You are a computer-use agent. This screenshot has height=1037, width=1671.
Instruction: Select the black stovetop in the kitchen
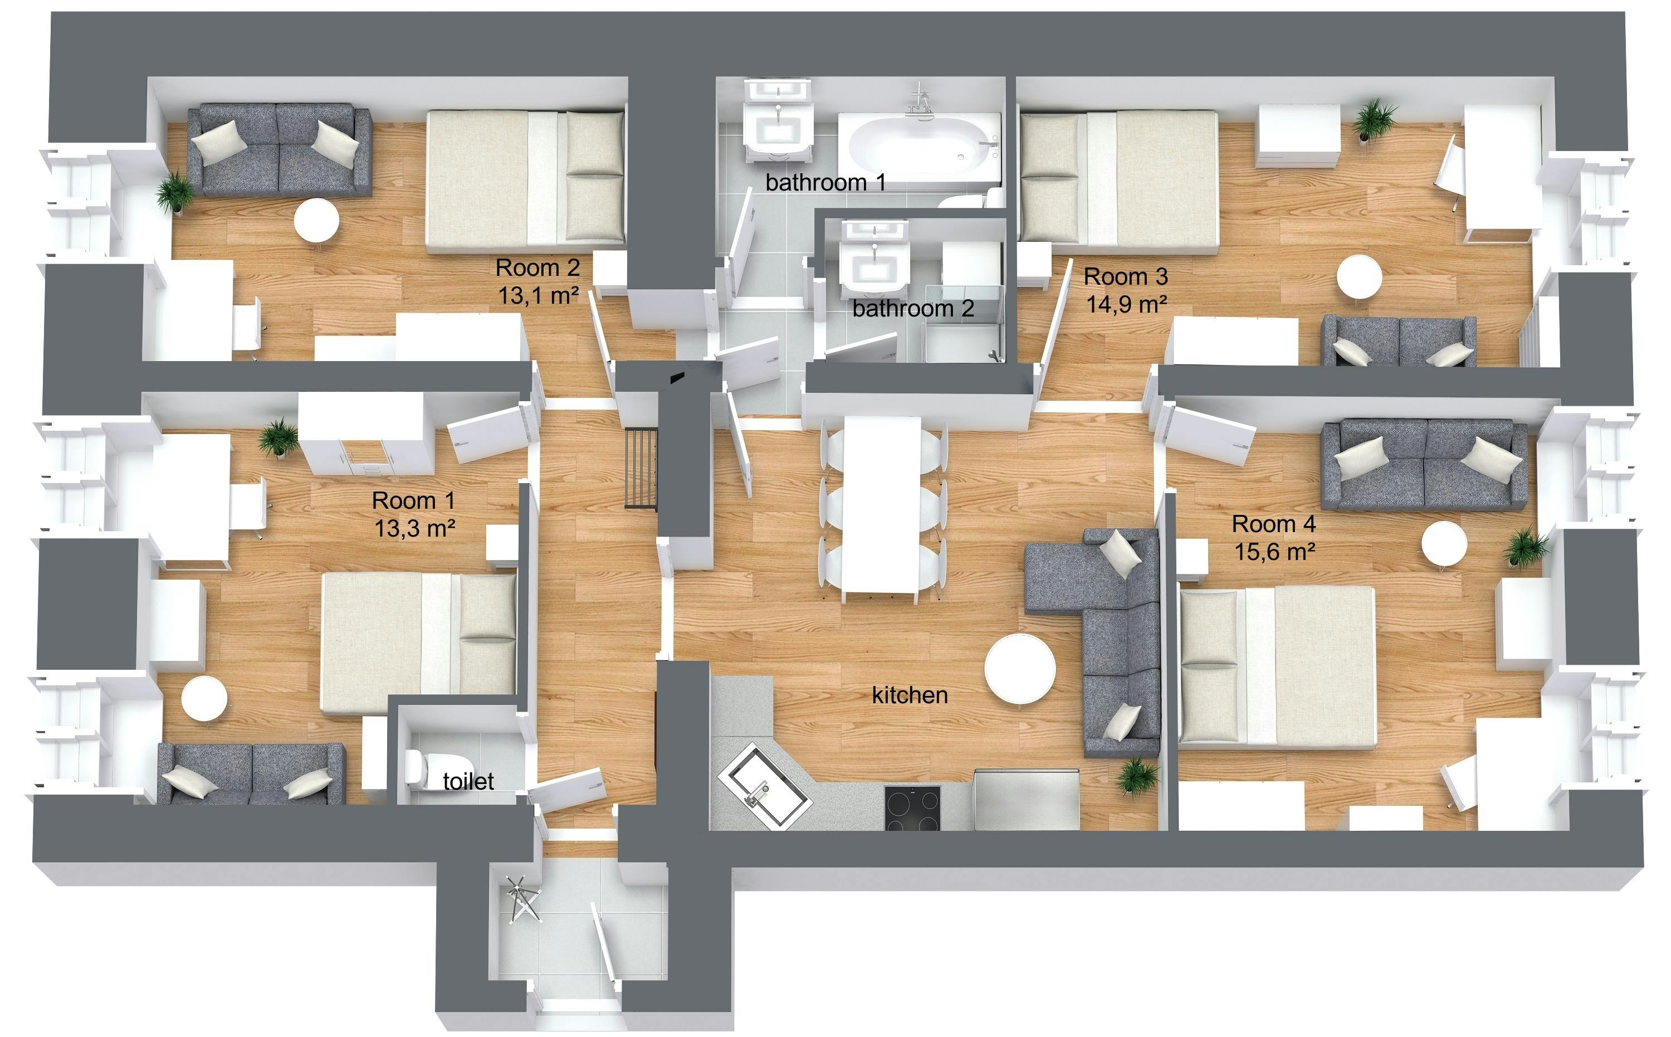click(x=912, y=808)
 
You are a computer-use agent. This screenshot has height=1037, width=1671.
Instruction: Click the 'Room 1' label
click(x=413, y=500)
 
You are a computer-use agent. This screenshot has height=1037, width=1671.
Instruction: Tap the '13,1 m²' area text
click(x=539, y=295)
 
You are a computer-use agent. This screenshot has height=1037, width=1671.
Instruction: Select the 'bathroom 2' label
click(x=913, y=309)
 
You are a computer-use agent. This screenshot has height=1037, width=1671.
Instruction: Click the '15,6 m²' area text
click(x=1275, y=552)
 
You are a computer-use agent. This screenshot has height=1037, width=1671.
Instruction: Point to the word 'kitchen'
click(x=910, y=695)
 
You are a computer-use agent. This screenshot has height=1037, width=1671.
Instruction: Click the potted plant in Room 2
click(x=175, y=192)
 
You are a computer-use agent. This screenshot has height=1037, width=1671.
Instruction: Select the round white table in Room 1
click(x=204, y=698)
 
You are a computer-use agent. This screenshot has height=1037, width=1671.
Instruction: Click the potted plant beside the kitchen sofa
click(x=1136, y=777)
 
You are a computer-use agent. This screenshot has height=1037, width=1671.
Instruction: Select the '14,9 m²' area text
click(x=1127, y=304)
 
